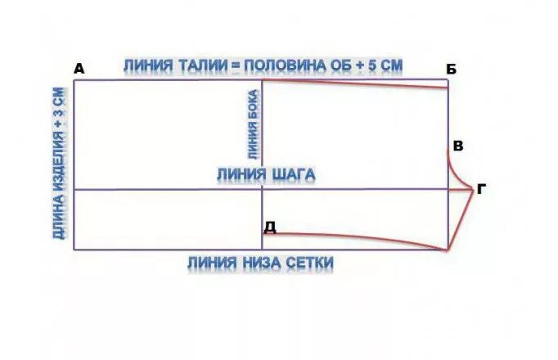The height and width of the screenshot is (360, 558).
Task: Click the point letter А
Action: [x=79, y=69]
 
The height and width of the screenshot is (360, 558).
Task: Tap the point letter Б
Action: [x=452, y=69]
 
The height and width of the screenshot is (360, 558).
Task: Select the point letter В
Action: [x=458, y=147]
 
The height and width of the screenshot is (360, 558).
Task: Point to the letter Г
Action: [x=481, y=189]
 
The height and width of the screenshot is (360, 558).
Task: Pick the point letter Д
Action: [x=270, y=227]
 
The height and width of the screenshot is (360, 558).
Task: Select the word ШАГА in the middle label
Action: [x=292, y=174]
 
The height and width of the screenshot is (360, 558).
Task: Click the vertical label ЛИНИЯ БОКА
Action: [x=253, y=124]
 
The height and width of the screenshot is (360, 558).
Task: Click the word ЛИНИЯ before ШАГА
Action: [x=241, y=174]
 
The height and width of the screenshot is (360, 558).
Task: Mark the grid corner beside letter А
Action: [x=74, y=80]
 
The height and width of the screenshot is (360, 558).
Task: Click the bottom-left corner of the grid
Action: [x=74, y=250]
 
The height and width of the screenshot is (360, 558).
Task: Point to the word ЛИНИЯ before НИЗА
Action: [x=211, y=263]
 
